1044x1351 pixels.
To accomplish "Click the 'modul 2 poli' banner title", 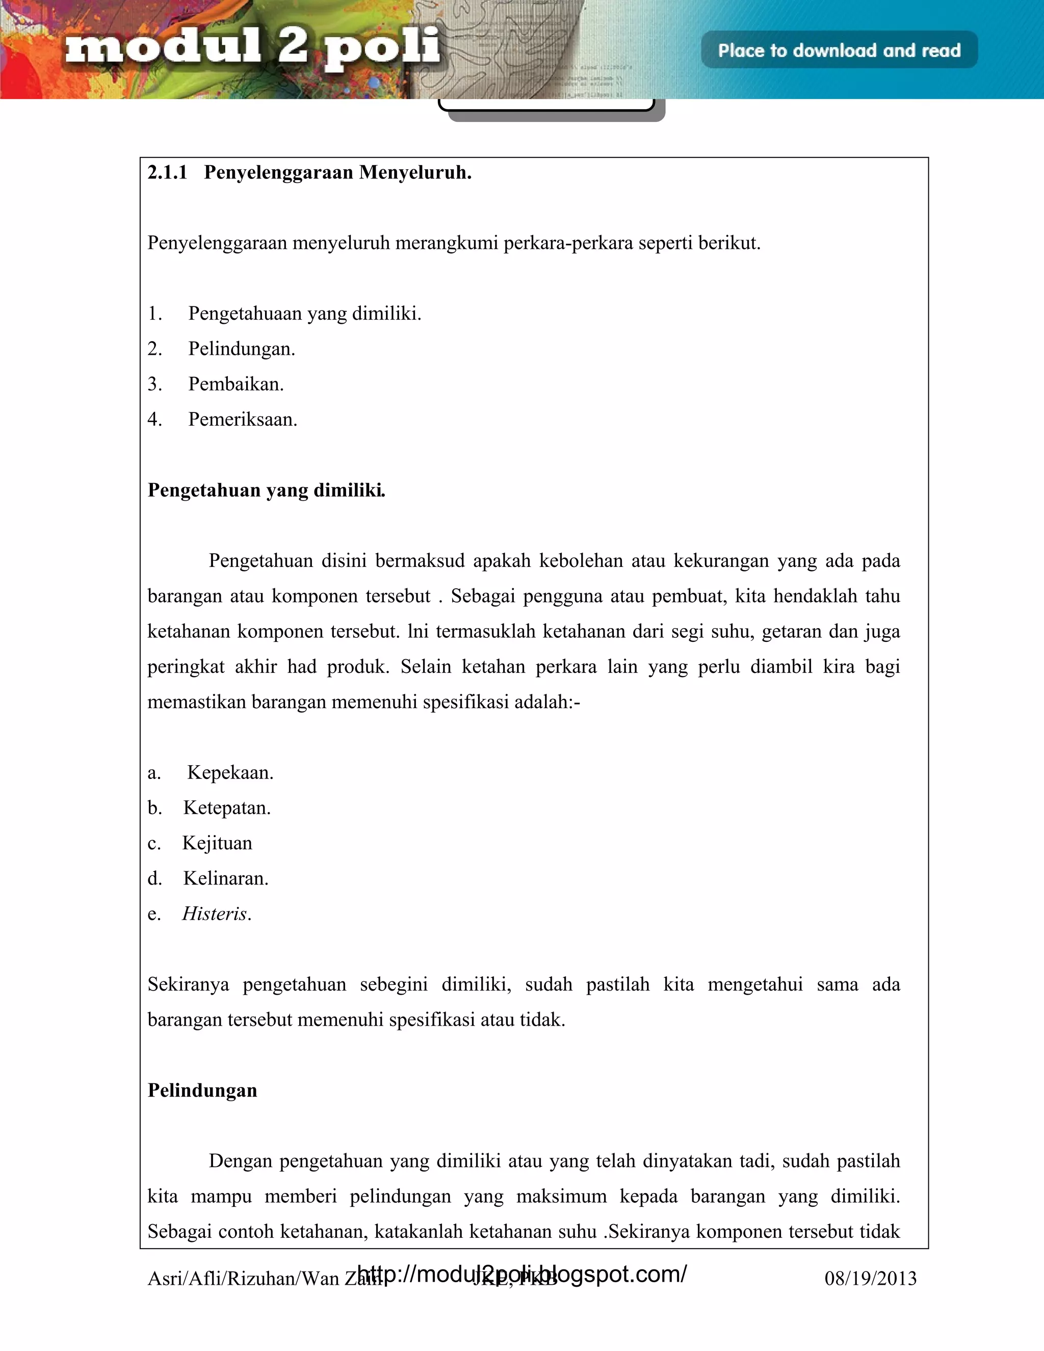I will [252, 47].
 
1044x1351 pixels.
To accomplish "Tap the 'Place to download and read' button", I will [839, 50].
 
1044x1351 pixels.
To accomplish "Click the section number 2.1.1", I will [167, 173].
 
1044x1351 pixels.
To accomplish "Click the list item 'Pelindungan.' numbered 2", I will [241, 349].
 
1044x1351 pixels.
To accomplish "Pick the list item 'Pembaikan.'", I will [236, 384].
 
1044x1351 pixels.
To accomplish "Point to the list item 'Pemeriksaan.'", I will [243, 420].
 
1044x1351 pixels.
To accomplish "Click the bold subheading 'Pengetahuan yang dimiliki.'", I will [266, 490].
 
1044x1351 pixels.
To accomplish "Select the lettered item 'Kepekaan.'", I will [230, 772].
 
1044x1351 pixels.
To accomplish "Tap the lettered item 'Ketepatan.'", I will [226, 808].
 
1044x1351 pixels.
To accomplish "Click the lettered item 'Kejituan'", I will [217, 843].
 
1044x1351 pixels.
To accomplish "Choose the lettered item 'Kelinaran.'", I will [226, 878].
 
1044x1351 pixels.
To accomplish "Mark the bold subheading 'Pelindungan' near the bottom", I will [202, 1090].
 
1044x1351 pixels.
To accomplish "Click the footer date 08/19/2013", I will [870, 1279].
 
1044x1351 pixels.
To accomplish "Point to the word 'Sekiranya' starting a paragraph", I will [188, 984].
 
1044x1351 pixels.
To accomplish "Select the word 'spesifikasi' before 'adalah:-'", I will [465, 702].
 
